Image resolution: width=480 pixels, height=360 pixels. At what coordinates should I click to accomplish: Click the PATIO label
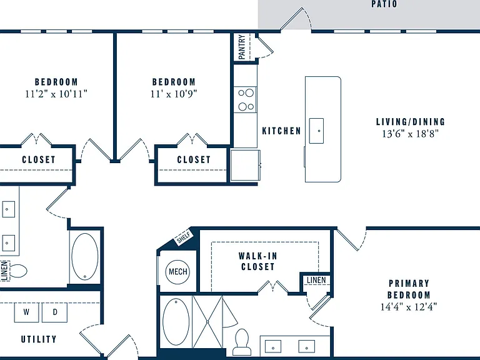384,4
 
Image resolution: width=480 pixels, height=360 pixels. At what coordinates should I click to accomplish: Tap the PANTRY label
242,47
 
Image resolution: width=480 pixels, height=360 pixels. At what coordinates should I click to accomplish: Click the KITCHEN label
282,131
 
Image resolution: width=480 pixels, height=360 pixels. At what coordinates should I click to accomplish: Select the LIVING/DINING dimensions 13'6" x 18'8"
410,134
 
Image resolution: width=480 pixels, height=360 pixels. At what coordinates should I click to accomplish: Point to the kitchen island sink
316,131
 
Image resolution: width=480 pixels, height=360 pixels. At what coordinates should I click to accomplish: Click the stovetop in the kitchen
246,99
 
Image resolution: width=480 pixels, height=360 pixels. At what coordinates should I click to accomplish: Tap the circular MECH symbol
178,271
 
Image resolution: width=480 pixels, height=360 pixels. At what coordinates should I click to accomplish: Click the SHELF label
184,237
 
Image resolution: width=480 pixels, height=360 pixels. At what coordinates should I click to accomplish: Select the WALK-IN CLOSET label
257,261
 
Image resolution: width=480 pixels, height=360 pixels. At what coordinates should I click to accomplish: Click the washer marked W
27,312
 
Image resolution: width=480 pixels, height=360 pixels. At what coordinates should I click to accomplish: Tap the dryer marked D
55,312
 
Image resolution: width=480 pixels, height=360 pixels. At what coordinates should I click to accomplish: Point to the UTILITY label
39,339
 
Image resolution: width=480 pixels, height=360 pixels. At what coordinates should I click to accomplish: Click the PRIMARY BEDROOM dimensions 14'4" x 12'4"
409,306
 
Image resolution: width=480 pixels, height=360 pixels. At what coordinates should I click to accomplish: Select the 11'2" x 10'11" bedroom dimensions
56,94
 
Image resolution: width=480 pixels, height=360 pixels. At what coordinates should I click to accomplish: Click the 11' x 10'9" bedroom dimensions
174,94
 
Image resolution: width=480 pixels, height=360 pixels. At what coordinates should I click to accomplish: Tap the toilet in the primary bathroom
241,342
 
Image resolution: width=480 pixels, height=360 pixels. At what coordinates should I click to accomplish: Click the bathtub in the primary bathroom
176,322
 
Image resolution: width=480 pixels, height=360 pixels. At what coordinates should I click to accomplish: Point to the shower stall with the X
207,322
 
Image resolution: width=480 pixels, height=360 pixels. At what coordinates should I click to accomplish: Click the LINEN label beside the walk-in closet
316,280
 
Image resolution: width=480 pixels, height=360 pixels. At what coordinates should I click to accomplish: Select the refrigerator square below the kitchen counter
245,165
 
